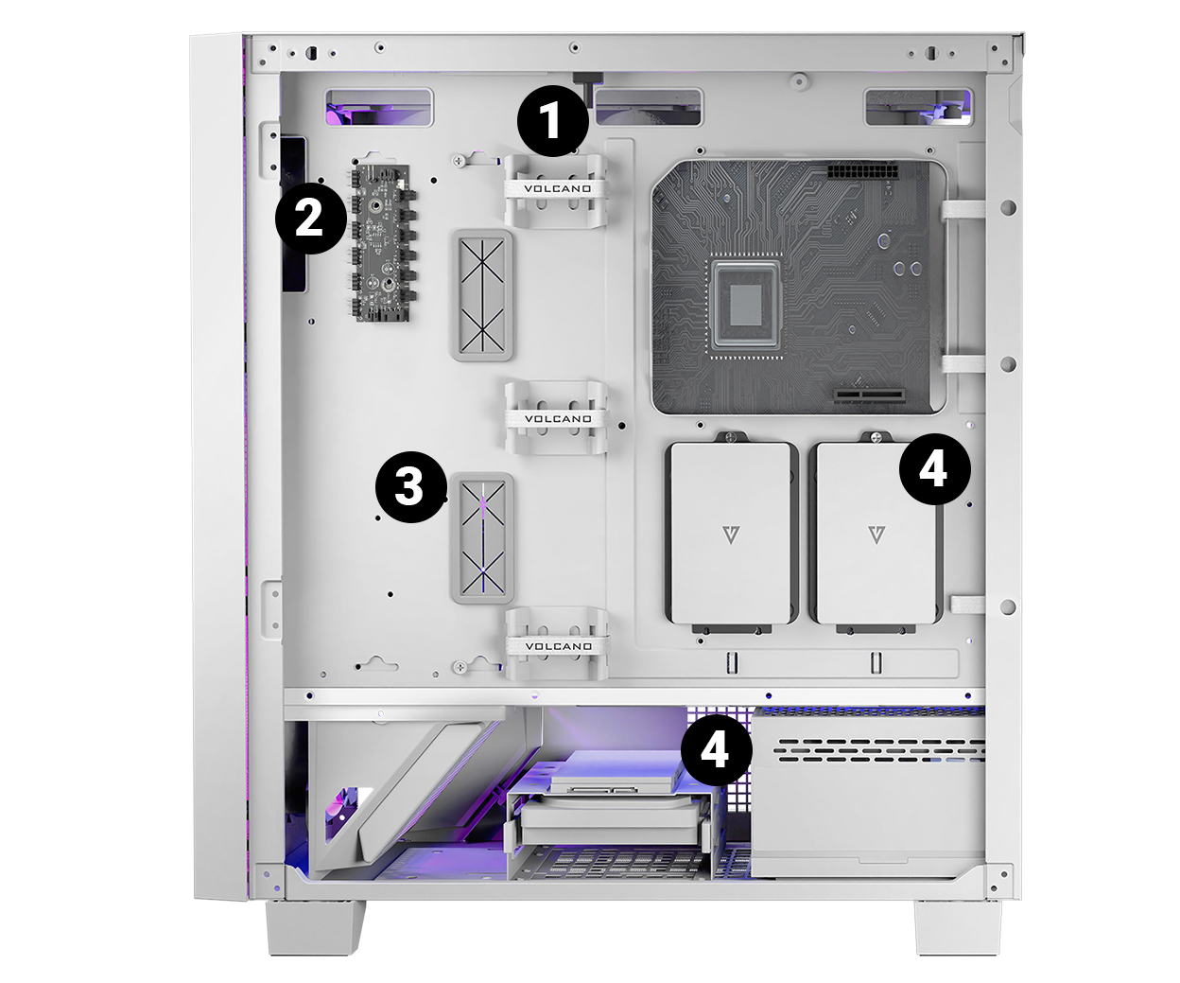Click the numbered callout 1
[553, 121]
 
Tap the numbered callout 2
[311, 218]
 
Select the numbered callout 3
[411, 486]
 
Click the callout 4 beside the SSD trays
[935, 469]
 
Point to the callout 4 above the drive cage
[717, 750]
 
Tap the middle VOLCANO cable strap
[558, 419]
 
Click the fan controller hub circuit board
[381, 243]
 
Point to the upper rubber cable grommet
[482, 295]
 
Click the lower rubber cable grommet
[482, 538]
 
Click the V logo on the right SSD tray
[876, 535]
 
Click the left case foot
[316, 927]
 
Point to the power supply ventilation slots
[879, 750]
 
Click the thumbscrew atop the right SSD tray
[876, 437]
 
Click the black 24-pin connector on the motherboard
[862, 172]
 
